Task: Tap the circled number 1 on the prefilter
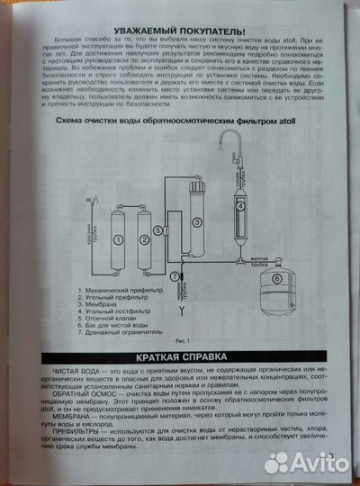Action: pyautogui.click(x=117, y=240)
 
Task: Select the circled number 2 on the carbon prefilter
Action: pyautogui.click(x=142, y=240)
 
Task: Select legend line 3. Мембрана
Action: pyautogui.click(x=103, y=304)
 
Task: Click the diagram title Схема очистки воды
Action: pyautogui.click(x=175, y=120)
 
